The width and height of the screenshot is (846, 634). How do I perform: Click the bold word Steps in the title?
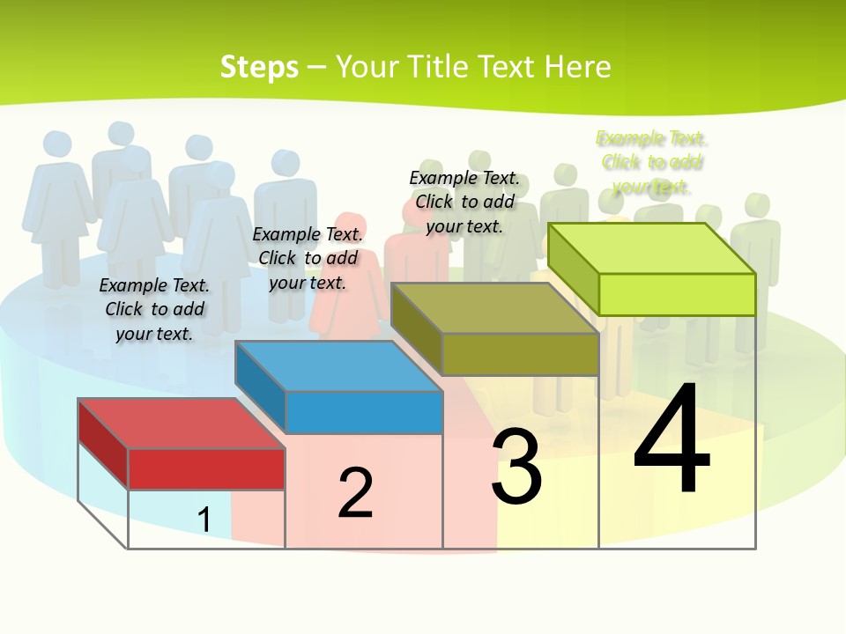(x=259, y=67)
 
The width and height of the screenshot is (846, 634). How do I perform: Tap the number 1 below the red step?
(x=204, y=520)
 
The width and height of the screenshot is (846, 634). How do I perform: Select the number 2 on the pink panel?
(x=355, y=493)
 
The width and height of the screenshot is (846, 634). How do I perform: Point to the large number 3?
(x=516, y=467)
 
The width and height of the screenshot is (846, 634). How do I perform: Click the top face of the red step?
(x=181, y=423)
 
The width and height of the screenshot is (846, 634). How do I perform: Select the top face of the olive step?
(x=493, y=308)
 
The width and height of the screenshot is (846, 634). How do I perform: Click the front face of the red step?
(x=206, y=468)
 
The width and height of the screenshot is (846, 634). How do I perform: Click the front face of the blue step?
(x=363, y=412)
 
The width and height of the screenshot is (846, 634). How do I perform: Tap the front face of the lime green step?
(x=677, y=294)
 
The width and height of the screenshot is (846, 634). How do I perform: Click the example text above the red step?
(x=154, y=309)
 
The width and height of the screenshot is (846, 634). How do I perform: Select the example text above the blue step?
(x=308, y=258)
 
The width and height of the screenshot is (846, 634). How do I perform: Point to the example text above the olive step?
(x=464, y=202)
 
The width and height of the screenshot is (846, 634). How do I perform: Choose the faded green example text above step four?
(x=652, y=162)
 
